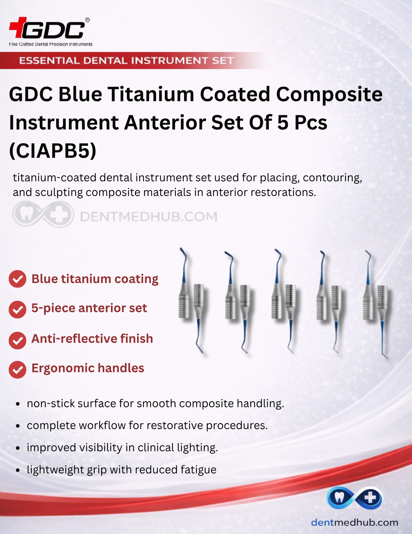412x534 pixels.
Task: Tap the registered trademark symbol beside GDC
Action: click(87, 20)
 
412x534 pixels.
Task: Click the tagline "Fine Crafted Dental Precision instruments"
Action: click(51, 44)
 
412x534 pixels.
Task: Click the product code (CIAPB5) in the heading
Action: click(53, 151)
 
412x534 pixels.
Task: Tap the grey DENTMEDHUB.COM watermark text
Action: click(149, 216)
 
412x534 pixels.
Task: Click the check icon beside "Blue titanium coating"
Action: click(17, 279)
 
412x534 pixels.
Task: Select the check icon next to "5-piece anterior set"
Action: click(17, 309)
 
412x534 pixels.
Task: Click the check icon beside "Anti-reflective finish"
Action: click(17, 340)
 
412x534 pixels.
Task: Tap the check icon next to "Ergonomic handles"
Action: click(17, 370)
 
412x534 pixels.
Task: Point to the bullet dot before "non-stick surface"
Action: click(18, 404)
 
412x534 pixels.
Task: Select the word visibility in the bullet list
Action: click(101, 447)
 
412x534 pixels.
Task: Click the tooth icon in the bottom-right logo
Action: click(339, 497)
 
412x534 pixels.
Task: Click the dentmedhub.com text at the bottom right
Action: click(354, 522)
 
